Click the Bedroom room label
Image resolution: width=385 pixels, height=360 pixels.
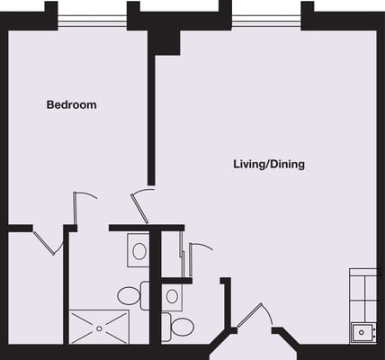(x=71, y=105)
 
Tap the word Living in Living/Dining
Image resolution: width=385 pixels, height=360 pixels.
(x=250, y=165)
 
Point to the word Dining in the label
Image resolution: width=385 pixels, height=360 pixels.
(x=288, y=165)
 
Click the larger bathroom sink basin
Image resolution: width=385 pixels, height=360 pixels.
(x=139, y=251)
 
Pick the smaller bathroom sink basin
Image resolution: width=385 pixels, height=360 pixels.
(x=172, y=295)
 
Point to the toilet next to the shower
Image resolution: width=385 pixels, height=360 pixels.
(x=129, y=295)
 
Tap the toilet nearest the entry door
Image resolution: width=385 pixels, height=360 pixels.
(x=181, y=326)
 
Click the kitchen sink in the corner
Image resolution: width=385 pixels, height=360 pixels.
(x=362, y=332)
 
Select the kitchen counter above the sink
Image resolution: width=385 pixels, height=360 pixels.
(x=363, y=293)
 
